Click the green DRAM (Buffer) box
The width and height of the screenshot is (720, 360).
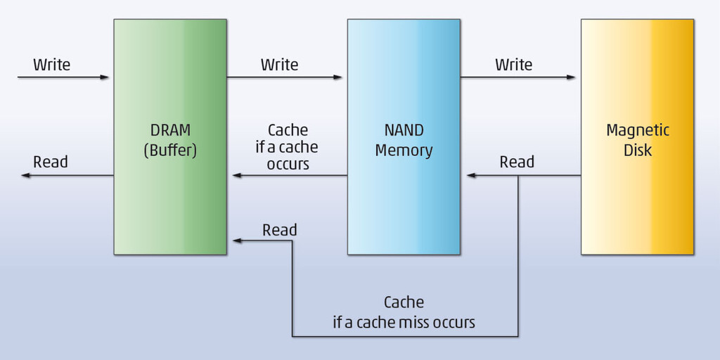coord(170,197)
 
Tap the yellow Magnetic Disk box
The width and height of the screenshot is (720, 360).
coord(637,204)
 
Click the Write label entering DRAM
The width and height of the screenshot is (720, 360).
coord(51,65)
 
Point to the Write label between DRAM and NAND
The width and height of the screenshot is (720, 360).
coord(279,65)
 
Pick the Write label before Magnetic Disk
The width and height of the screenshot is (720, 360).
coord(513,65)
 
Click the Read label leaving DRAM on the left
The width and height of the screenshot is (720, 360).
coord(51,162)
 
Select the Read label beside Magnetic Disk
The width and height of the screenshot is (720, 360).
coord(517,162)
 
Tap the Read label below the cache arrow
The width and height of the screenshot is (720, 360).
coord(280,230)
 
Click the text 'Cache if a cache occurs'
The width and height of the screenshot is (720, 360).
coord(288,147)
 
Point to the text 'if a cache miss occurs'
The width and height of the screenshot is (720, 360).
coord(404,323)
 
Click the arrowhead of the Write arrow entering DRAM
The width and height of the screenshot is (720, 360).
coord(106,77)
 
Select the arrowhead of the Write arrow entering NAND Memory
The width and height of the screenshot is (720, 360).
coord(339,77)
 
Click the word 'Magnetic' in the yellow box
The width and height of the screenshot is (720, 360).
coord(638,131)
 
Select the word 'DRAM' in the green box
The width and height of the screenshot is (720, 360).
coord(170,131)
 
